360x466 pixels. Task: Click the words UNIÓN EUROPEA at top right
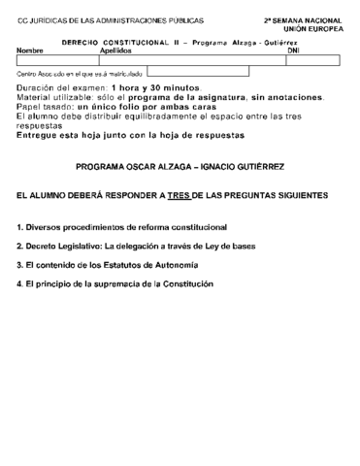pos(316,30)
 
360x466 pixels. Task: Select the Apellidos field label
pos(116,50)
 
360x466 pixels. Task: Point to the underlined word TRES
pos(178,195)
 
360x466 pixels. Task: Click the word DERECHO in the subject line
pos(82,43)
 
